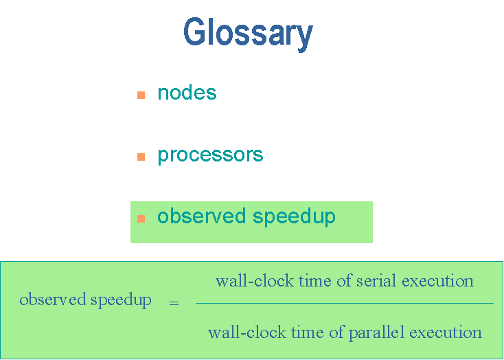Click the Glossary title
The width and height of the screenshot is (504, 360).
pos(248,34)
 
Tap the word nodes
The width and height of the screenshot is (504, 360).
pos(187,93)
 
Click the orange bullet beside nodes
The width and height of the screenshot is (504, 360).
pos(141,95)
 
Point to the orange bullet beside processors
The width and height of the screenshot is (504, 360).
pos(141,157)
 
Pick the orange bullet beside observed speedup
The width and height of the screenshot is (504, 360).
pos(141,218)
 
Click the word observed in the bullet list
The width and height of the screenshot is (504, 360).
pos(202,216)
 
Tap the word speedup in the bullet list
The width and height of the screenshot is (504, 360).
pos(294,217)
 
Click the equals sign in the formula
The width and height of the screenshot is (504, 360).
pos(174,303)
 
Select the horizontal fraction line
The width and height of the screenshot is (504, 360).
pos(345,303)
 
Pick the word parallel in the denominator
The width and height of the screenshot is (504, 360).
pos(376,332)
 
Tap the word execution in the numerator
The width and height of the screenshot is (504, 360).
pos(438,281)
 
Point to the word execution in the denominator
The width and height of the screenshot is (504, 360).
pos(446,332)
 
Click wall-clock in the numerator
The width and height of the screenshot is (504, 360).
pos(255,281)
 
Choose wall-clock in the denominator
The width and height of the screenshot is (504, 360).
pos(247,332)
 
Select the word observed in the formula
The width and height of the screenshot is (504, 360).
pos(53,299)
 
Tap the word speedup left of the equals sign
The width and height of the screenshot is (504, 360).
pos(121,300)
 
